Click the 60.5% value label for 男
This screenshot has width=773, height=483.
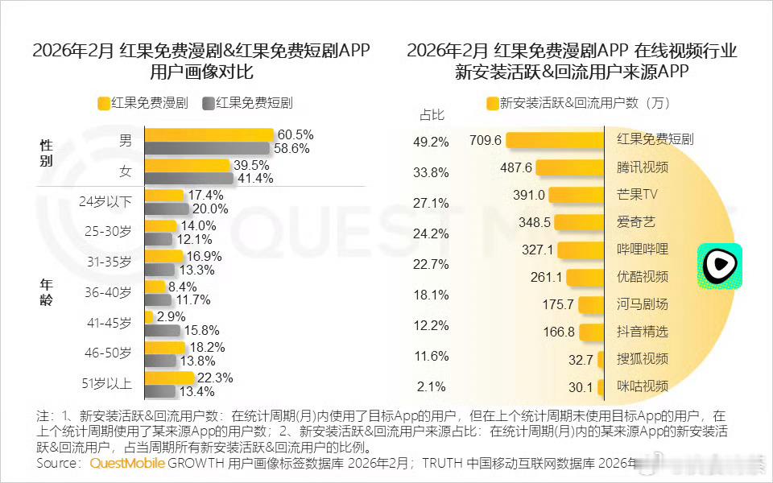[x=295, y=134]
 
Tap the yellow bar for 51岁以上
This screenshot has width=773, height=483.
[x=169, y=378]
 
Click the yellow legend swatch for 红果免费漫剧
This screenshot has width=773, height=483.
[x=103, y=103]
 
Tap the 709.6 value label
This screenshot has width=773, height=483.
[x=486, y=140]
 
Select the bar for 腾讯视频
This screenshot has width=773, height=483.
[x=570, y=167]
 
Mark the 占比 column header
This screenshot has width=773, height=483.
[x=432, y=114]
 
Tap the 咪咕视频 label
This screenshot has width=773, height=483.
[x=642, y=386]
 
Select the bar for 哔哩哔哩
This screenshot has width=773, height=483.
[x=580, y=250]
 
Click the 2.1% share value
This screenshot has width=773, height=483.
[x=432, y=386]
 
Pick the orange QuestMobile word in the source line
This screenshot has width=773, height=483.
[x=127, y=464]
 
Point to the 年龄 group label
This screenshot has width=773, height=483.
[x=47, y=291]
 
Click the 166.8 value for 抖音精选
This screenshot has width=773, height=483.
[x=560, y=332]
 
